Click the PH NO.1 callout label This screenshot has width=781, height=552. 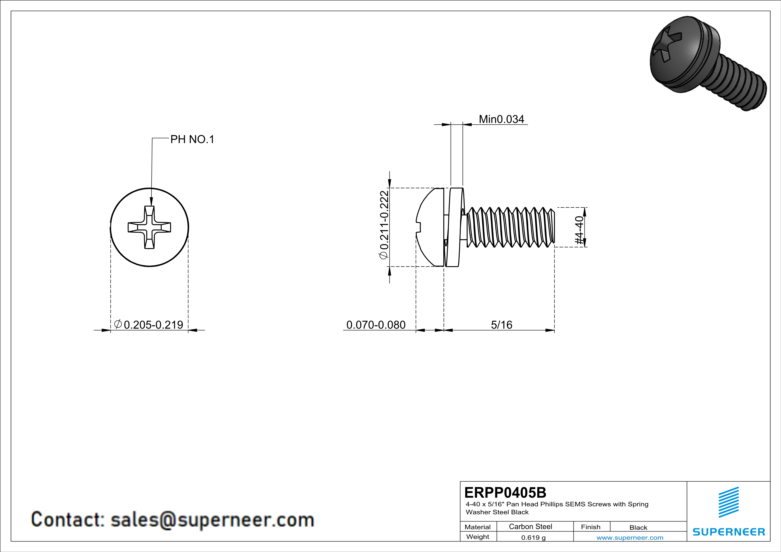192,139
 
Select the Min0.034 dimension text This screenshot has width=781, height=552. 501,119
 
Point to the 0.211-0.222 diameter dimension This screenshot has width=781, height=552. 384,225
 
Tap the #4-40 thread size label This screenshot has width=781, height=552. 579,230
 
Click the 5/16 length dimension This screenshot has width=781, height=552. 501,325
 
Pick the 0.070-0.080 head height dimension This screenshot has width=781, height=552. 376,325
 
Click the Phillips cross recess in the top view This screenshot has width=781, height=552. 149,227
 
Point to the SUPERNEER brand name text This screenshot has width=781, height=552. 729,532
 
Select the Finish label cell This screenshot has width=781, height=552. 591,527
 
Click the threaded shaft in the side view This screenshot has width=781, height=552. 510,227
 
